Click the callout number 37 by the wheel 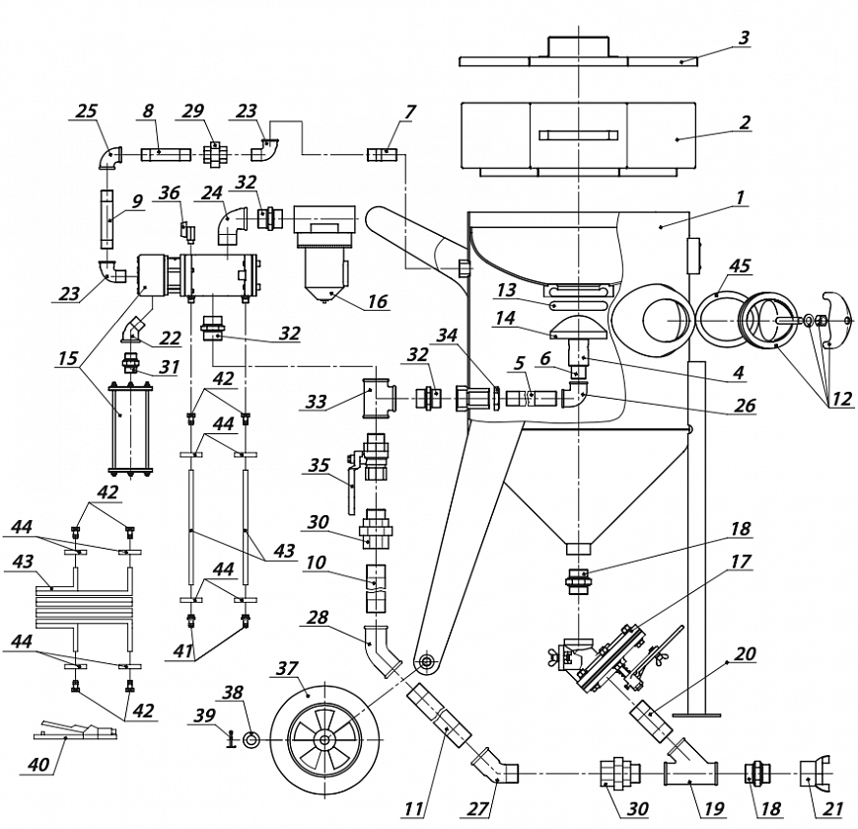[x=287, y=669]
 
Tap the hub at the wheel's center [x=325, y=740]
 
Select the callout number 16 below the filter [x=377, y=301]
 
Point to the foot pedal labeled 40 [x=76, y=730]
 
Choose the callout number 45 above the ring [x=740, y=265]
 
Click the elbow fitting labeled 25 [x=111, y=158]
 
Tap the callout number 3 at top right [x=744, y=38]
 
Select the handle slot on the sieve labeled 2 [x=578, y=134]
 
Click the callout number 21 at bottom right [x=832, y=808]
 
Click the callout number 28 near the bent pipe [x=318, y=618]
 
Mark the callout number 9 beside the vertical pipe [x=137, y=201]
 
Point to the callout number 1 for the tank [x=740, y=197]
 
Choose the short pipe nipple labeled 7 [x=383, y=155]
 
